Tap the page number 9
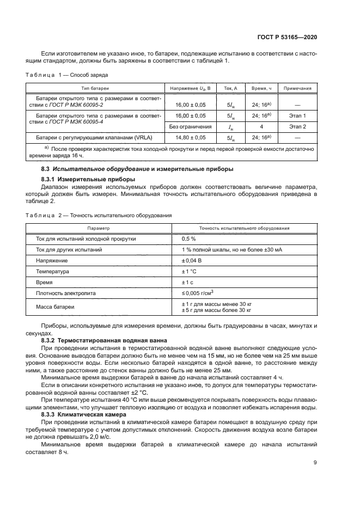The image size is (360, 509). tap(315, 463)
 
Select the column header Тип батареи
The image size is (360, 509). tap(95, 88)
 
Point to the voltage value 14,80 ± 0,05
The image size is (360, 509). tap(187, 138)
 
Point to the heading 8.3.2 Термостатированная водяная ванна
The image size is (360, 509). tap(99, 340)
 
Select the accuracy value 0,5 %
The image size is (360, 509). tap(188, 238)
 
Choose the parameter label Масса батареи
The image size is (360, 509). tap(55, 308)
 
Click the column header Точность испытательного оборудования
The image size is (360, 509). tap(244, 228)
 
